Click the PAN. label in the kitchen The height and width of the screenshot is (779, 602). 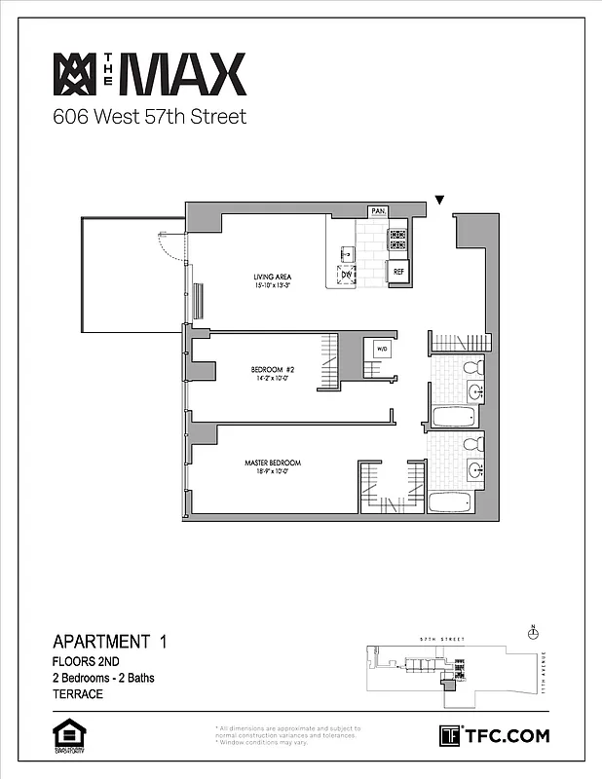tap(379, 211)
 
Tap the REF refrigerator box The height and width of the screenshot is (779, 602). tap(397, 271)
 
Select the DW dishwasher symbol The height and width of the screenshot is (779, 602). tap(347, 275)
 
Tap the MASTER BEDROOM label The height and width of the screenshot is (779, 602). tap(273, 465)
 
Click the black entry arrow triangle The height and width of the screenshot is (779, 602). tap(439, 201)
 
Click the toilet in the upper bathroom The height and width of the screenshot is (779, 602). tap(472, 368)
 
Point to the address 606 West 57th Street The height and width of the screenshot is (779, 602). tap(149, 118)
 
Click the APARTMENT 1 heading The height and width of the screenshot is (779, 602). tap(109, 642)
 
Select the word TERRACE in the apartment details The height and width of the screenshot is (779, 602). tap(78, 694)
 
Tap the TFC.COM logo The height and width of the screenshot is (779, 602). tap(495, 735)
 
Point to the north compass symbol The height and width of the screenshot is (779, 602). tap(532, 631)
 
